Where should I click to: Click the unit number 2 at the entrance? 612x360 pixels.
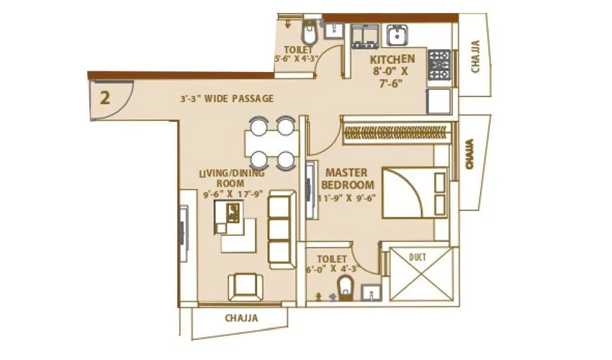pos(105,98)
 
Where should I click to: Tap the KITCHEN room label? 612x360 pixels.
pos(392,59)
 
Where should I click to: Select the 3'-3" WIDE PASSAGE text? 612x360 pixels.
pos(227,99)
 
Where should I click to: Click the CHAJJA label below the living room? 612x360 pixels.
pos(240,317)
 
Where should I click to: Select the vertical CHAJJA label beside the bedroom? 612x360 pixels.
pos(470,155)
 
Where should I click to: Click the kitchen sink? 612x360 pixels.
pos(397,35)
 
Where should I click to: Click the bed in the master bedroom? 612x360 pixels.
pos(414,192)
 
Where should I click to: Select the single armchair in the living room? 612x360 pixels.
pos(246,286)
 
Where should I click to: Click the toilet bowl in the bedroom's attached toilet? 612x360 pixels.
pos(346,286)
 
